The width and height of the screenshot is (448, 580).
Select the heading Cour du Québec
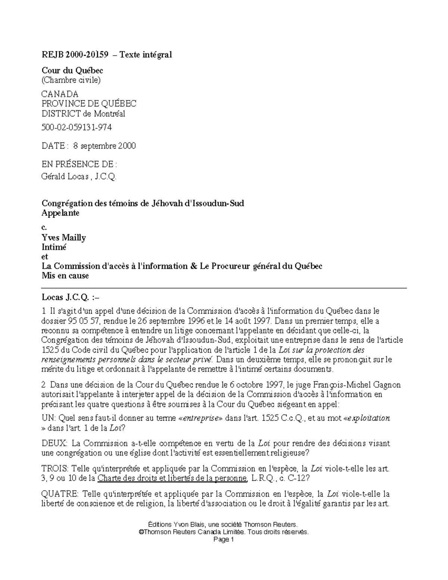tap(72, 70)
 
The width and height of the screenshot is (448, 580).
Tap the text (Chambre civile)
tap(71, 80)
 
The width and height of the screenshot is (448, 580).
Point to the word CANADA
tap(60, 94)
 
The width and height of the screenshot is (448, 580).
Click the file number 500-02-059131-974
tap(77, 127)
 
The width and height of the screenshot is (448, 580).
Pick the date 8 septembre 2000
tap(105, 146)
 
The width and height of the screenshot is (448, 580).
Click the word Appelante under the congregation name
tap(60, 213)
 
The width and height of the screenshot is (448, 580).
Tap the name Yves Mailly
tap(63, 238)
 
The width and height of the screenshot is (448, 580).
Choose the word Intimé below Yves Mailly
tap(54, 247)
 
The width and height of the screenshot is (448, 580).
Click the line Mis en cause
tap(65, 276)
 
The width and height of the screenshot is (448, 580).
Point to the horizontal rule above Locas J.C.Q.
tap(224, 288)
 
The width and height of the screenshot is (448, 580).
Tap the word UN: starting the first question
tap(48, 418)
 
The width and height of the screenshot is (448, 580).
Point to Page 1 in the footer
tap(223, 540)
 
